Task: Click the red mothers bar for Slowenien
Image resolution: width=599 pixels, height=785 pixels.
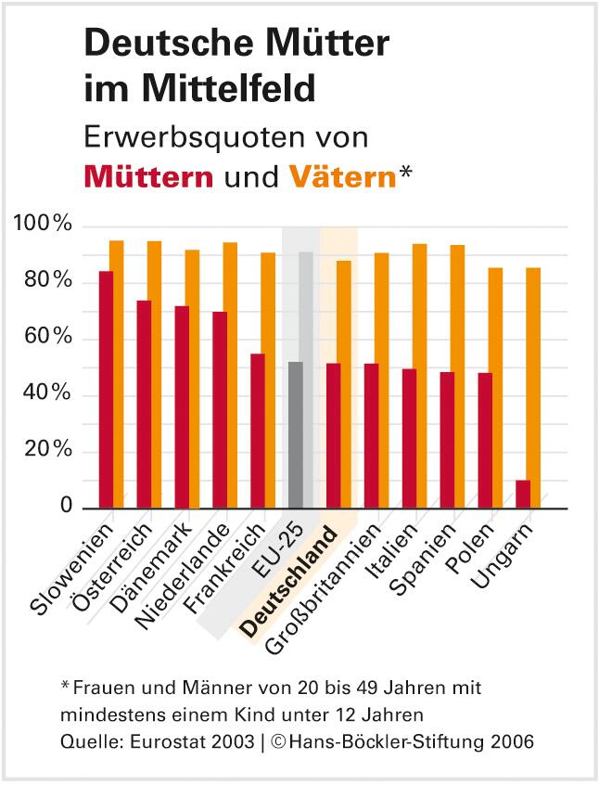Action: coord(107,390)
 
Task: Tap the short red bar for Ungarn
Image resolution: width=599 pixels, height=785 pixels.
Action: coord(523,494)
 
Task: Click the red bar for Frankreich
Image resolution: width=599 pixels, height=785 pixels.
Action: coord(258,431)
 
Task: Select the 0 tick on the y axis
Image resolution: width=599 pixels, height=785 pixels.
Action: coord(66,506)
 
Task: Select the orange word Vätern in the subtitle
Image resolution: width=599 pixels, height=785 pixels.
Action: coord(342,176)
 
